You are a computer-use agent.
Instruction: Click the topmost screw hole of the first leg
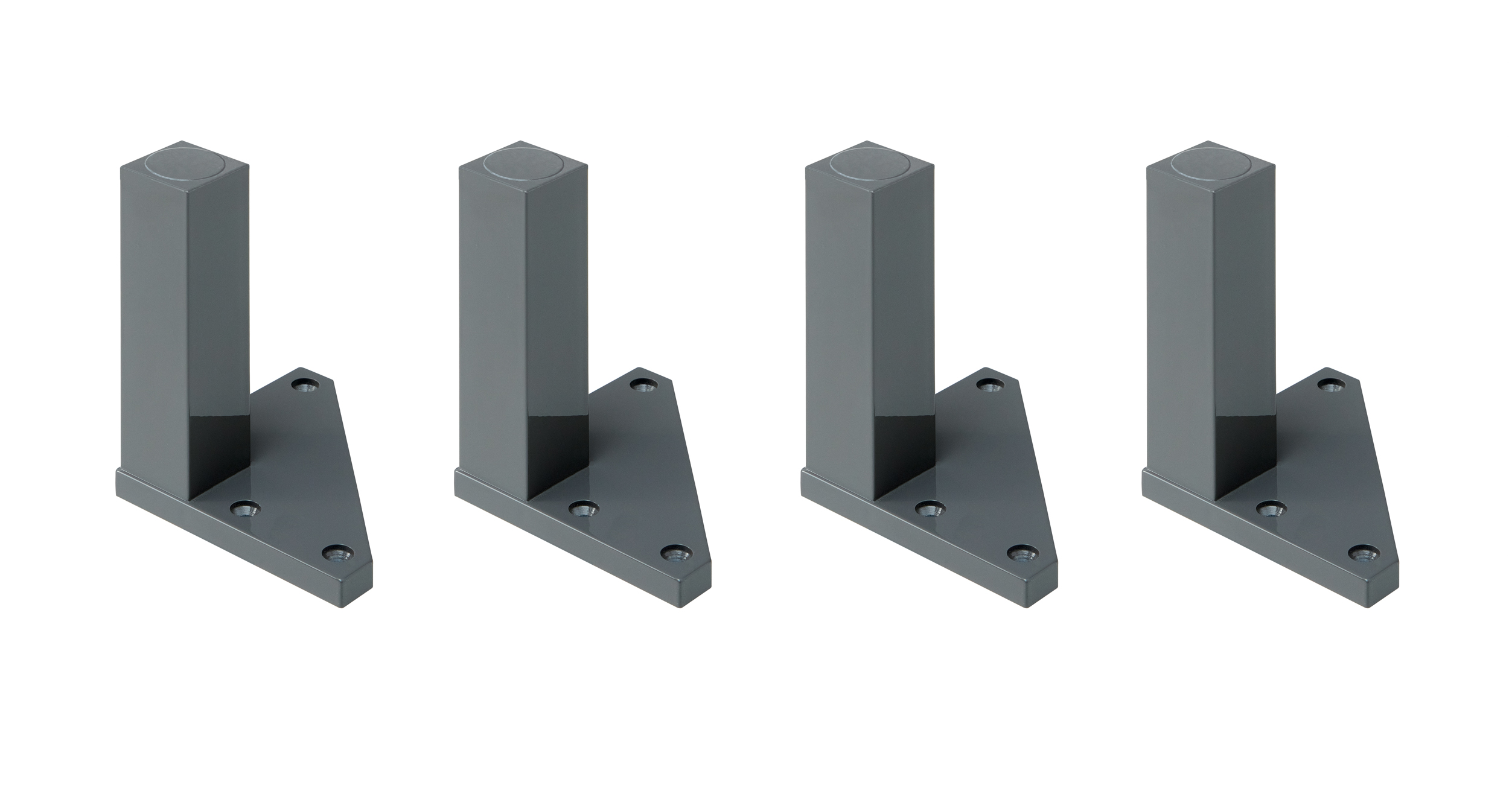point(306,384)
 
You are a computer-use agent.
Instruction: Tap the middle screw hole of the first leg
point(245,510)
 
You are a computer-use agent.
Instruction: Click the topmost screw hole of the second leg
point(645,384)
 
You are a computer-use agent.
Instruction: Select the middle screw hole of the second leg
point(584,510)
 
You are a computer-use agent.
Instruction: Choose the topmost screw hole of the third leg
point(991,384)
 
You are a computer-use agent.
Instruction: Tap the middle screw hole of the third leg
point(930,510)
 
